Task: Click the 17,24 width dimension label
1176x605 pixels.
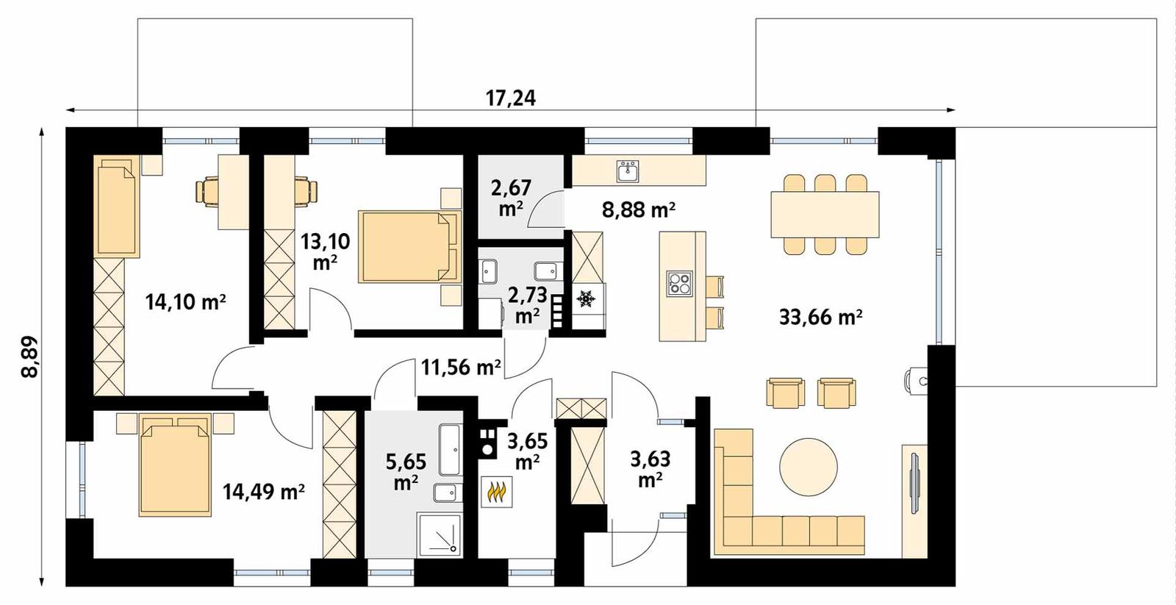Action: click(x=510, y=98)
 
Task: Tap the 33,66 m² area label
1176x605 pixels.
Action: click(x=820, y=317)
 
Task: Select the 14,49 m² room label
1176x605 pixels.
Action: click(x=264, y=491)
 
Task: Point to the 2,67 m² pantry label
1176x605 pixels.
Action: click(x=511, y=198)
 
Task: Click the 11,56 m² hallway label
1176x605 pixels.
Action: click(x=461, y=366)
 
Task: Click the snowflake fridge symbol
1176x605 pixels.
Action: click(x=586, y=298)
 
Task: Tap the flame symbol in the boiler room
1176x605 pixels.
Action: click(x=497, y=492)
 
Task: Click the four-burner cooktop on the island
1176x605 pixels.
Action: click(x=679, y=284)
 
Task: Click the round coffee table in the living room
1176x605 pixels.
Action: click(x=808, y=468)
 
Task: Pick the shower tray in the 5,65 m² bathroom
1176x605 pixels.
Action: click(x=439, y=534)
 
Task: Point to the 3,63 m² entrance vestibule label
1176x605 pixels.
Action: click(x=650, y=468)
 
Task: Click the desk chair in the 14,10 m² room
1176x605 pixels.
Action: click(x=207, y=191)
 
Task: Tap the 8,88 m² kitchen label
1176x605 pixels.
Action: click(x=639, y=210)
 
